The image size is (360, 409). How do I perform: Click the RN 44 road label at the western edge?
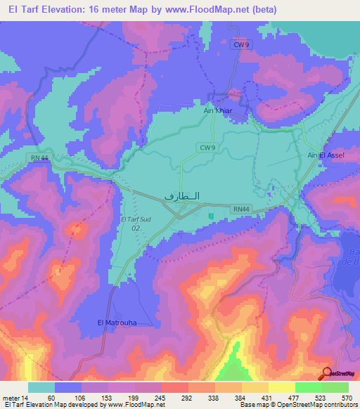click(39, 159)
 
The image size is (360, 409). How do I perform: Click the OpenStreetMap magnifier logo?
click(328, 374)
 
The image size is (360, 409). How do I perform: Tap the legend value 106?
click(82, 398)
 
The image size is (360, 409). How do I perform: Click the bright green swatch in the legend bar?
click(308, 387)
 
